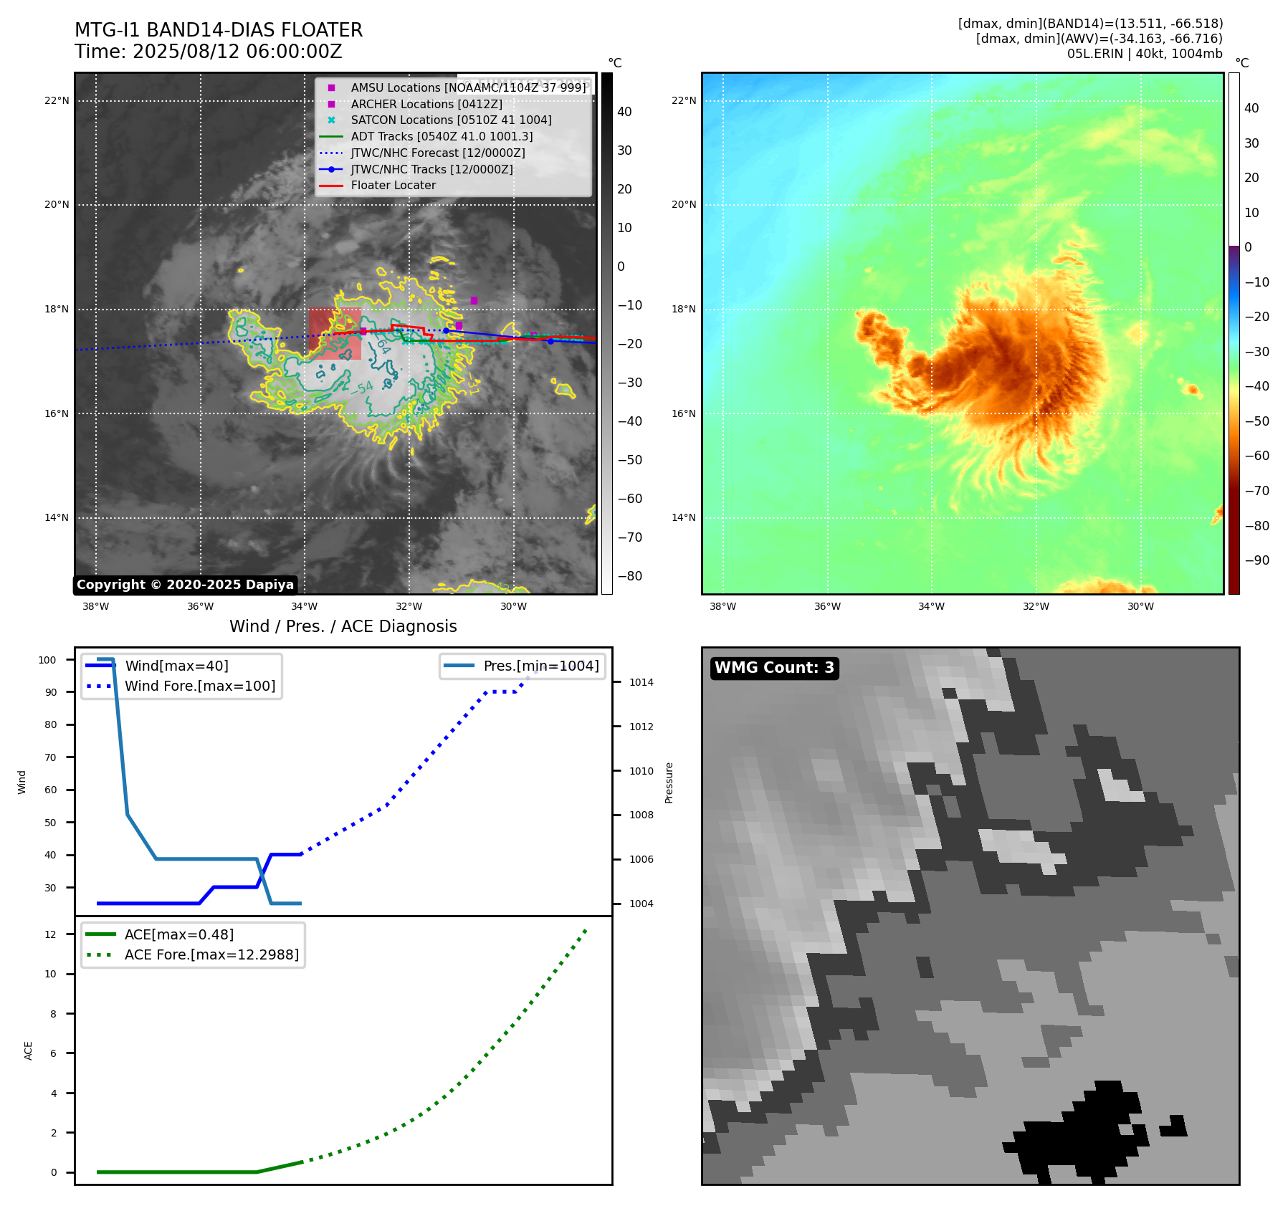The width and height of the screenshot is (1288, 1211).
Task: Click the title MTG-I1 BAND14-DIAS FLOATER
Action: (219, 30)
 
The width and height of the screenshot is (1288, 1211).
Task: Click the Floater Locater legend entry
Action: (393, 186)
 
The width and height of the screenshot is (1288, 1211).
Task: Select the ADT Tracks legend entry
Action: (442, 136)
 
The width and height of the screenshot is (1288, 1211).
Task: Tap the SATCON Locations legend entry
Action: (451, 120)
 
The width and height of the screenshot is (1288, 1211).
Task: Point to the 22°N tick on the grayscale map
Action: (57, 100)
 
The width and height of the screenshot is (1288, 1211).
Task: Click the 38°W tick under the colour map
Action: (722, 606)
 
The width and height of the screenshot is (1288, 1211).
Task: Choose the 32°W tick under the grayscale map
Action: (409, 606)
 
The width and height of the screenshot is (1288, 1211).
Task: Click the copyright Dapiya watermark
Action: (185, 585)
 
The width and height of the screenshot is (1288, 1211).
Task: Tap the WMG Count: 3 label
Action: (774, 668)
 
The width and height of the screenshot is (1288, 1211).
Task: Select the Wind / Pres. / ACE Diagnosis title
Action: (343, 626)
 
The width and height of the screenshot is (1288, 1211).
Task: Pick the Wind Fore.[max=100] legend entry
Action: (200, 686)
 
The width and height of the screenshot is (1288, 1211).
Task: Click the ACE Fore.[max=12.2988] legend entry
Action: (211, 954)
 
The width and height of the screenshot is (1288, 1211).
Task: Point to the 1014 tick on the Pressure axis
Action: (641, 682)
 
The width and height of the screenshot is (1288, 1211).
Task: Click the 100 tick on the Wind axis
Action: (47, 660)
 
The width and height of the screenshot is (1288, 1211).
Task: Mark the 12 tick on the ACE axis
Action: (50, 934)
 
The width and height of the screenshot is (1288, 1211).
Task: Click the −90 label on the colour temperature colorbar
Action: (1256, 560)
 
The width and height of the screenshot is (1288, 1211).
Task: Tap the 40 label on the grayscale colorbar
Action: (624, 112)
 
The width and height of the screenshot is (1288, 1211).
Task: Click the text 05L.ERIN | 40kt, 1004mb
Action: (1144, 54)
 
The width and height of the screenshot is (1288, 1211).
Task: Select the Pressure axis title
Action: (669, 782)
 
